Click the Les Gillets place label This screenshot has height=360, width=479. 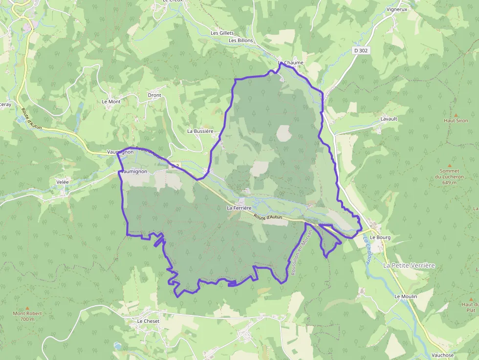coord(222,33)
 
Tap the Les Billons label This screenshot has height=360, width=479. coord(241,40)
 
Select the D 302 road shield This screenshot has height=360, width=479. coord(361,50)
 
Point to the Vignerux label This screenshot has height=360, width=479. coord(396,9)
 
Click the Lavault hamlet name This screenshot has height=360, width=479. coord(389,119)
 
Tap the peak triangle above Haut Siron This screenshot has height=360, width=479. coord(456,114)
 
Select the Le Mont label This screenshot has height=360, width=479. coord(111,101)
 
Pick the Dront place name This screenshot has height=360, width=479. coord(154,95)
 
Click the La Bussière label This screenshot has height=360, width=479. coord(200,131)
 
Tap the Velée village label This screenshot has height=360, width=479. coord(63,182)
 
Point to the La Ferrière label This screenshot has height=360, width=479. coord(239,208)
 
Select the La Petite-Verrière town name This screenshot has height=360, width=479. coord(409,265)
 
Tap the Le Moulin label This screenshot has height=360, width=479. coord(406,296)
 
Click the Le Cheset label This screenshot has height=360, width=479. coord(148,321)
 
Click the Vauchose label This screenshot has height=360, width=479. coord(443,355)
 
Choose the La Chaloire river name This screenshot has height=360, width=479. coord(367,250)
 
